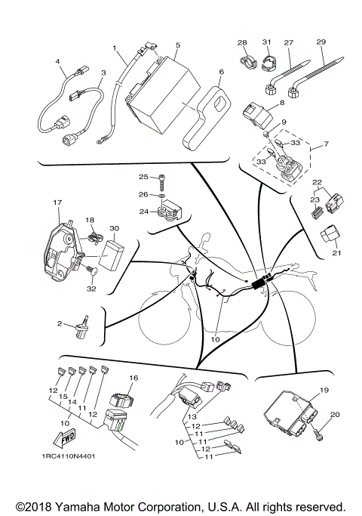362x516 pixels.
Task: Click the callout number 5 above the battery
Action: point(176,45)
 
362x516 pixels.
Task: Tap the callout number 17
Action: point(57,203)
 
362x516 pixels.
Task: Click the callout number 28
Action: point(242,42)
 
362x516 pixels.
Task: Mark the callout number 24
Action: point(143,212)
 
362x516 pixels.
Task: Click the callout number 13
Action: point(192,416)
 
